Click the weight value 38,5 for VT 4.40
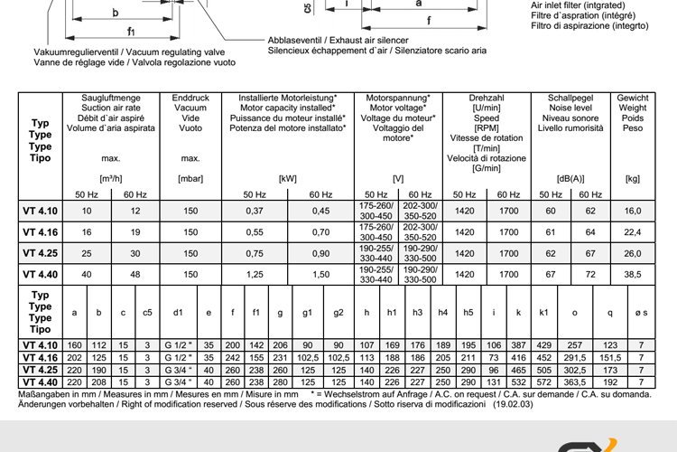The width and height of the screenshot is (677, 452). point(632,273)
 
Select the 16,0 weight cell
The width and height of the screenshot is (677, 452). point(632,211)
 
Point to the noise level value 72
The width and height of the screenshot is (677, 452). point(591,273)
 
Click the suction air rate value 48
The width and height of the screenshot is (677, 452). point(134,273)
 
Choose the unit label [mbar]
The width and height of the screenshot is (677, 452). point(190,179)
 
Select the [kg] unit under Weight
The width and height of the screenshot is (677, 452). point(632,179)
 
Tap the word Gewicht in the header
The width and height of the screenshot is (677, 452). point(632,98)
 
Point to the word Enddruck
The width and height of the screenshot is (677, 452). point(190,98)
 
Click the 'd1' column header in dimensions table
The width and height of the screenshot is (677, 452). point(178,313)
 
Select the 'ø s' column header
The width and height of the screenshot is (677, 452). point(641,313)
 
